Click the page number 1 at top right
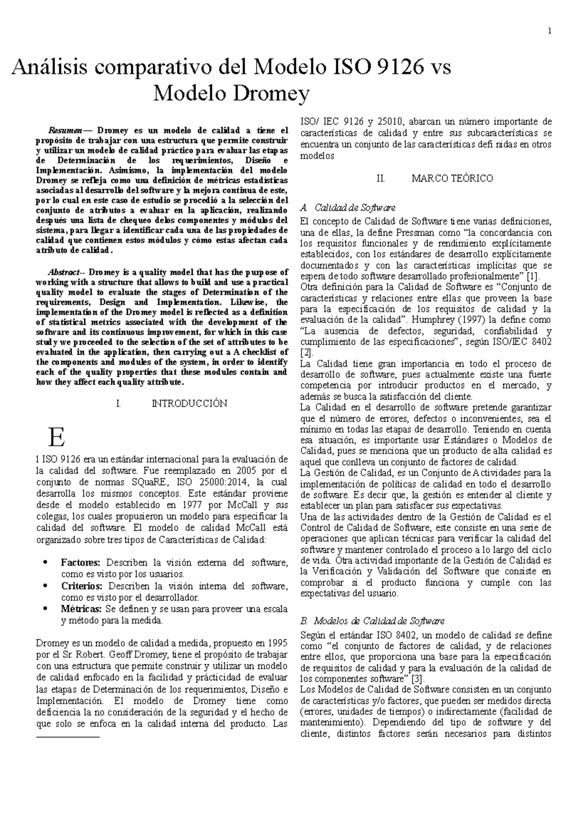coord(550,32)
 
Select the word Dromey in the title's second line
coord(274,93)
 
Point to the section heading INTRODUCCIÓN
coord(189,404)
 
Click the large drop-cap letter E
coord(56,437)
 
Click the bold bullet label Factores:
coord(81,563)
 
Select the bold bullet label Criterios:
coord(82,586)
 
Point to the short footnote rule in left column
coord(68,737)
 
